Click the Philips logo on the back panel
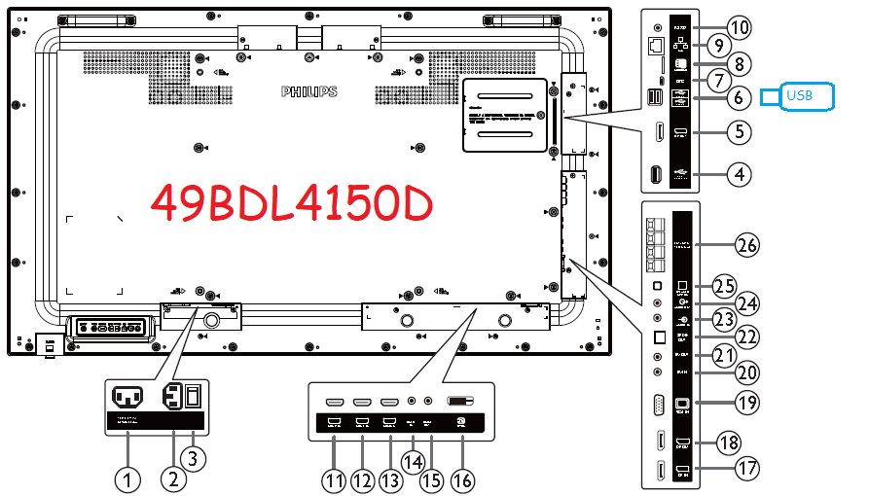tap(308, 91)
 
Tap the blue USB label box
tap(798, 95)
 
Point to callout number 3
tap(196, 458)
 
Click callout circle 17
tap(746, 469)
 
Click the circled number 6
tap(741, 96)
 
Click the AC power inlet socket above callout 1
tap(127, 397)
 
